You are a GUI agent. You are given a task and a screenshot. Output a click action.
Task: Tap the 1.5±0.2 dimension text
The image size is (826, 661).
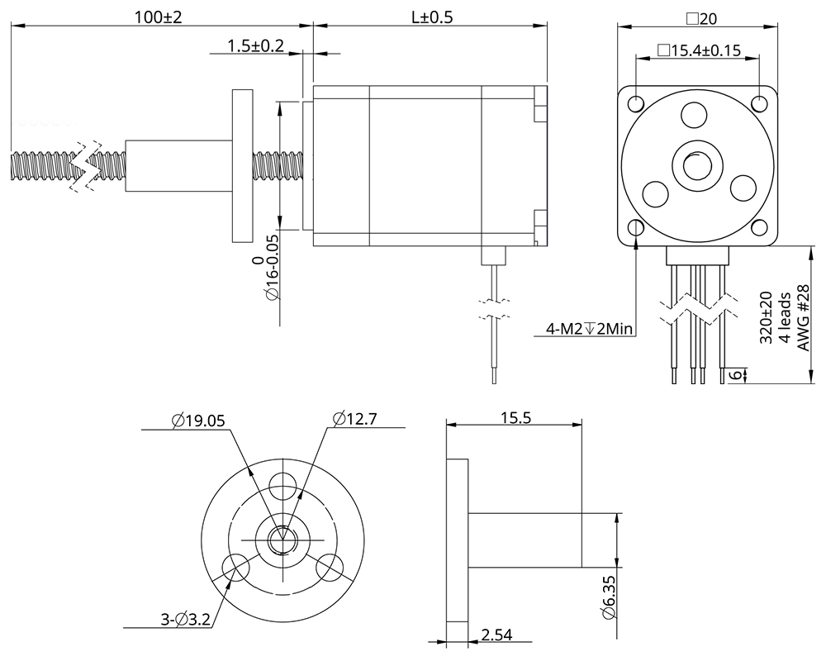(255, 46)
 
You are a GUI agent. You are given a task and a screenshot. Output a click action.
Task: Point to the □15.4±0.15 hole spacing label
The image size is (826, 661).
(698, 50)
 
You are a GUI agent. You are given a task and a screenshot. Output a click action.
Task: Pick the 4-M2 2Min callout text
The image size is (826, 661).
(589, 330)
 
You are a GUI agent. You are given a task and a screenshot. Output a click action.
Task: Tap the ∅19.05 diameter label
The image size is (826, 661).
(198, 420)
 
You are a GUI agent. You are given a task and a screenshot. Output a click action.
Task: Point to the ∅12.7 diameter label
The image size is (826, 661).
(354, 419)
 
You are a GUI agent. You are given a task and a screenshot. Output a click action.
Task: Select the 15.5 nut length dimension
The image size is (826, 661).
(515, 418)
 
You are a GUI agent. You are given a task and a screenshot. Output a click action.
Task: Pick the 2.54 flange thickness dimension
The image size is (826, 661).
(496, 635)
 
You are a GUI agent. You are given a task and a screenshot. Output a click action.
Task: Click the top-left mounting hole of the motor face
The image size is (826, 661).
(636, 104)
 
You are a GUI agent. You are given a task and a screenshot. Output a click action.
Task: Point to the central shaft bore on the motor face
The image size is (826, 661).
(697, 165)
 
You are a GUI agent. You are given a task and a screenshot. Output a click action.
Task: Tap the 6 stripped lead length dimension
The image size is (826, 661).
(733, 375)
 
